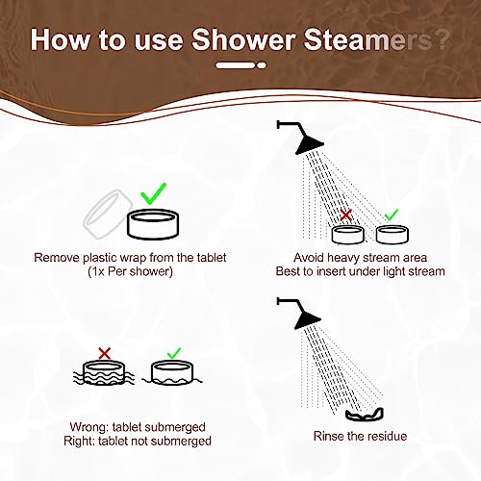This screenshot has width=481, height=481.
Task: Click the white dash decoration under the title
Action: coord(240,66)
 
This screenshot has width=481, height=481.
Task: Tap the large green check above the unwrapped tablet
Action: coord(152,195)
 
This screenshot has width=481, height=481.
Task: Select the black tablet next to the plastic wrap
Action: coord(154,227)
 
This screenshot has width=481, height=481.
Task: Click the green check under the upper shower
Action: coord(390,215)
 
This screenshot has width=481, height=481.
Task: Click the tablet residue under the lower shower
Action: coord(366,415)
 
